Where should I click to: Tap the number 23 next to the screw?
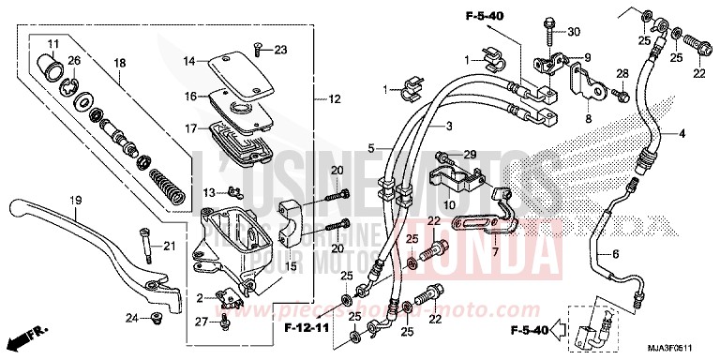281,49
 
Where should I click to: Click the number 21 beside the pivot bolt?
169,247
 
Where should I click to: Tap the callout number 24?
133,320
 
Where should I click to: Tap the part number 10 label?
450,204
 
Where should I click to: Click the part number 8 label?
588,120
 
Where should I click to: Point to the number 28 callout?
620,73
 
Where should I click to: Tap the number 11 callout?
52,44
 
